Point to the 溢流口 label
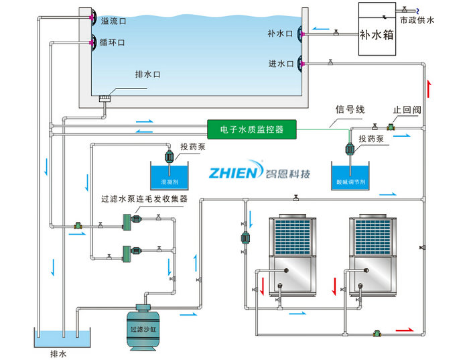113,21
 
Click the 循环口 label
113,42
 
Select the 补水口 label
280,32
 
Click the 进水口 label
280,64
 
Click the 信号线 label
349,109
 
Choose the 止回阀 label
405,109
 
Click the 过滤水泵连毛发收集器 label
143,198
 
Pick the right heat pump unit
377,255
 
